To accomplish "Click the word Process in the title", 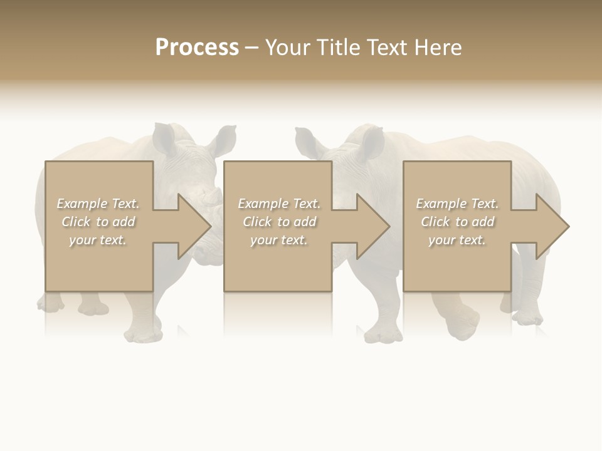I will [197, 48].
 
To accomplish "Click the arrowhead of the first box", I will [194, 226].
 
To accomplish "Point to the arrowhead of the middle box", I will [373, 226].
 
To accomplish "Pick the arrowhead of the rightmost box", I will [552, 226].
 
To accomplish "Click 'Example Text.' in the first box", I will [98, 204].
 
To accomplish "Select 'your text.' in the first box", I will [98, 240].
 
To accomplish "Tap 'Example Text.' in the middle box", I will [279, 204].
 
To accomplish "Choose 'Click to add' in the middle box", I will [279, 222].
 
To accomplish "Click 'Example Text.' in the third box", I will [457, 204].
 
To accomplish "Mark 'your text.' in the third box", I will [457, 240].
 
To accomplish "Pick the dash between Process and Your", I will [251, 48].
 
